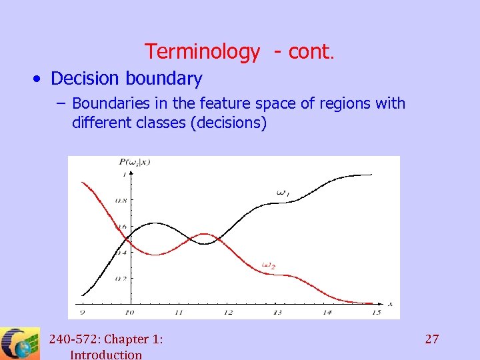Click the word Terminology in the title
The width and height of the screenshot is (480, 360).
coord(202,51)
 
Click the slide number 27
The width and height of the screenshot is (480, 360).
coord(432,339)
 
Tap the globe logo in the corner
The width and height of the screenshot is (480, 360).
coord(20,344)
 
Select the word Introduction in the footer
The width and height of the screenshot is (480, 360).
coord(106,355)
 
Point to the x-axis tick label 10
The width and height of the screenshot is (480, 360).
coord(129,312)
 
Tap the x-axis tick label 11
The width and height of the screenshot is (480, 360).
coord(179,312)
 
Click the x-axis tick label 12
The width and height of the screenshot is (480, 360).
coord(228,312)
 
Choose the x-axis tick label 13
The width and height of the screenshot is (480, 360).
coord(277,312)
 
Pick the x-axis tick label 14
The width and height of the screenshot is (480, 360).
coord(327,312)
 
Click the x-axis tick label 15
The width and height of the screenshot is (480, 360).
coord(376,312)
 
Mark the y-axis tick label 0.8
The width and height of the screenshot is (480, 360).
coord(121,200)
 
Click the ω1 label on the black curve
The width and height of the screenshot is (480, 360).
coord(283,193)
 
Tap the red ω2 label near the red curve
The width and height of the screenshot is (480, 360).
coord(269,265)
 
